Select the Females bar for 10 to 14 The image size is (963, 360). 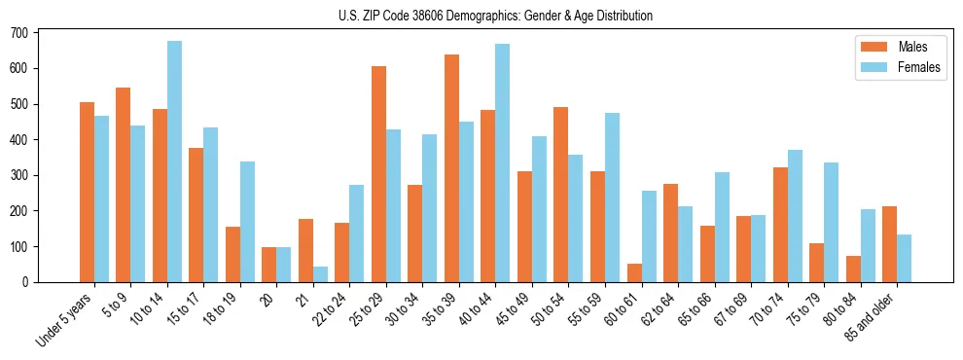pyautogui.click(x=174, y=162)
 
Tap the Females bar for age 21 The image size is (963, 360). pyautogui.click(x=320, y=274)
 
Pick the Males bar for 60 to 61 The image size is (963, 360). pyautogui.click(x=634, y=272)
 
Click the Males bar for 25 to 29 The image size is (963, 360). pyautogui.click(x=378, y=174)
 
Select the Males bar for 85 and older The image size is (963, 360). pyautogui.click(x=889, y=244)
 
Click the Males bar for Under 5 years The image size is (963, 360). pyautogui.click(x=87, y=192)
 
